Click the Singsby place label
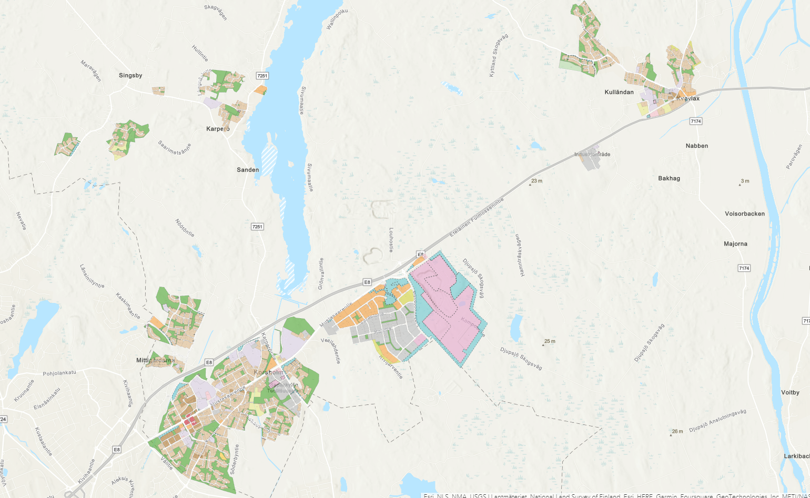point(130,76)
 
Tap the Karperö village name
point(218,128)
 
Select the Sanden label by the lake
point(248,170)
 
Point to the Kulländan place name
point(619,93)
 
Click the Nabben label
point(697,146)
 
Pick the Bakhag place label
point(669,178)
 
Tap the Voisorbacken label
point(745,214)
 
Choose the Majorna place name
point(735,244)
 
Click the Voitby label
point(790,393)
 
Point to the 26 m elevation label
point(677,432)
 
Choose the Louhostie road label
point(391,240)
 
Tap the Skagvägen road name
point(216,12)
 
